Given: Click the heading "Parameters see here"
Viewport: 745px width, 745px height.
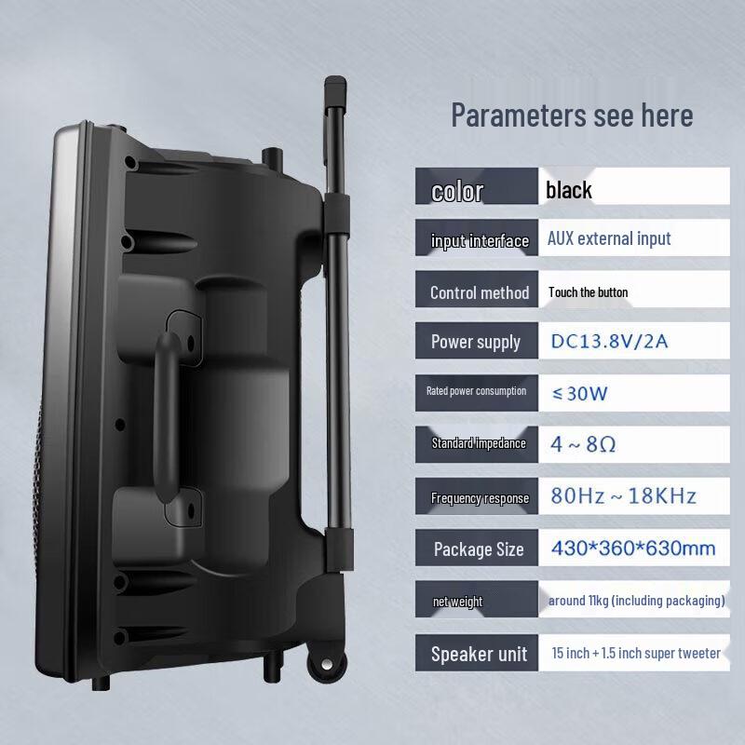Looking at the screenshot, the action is [x=572, y=115].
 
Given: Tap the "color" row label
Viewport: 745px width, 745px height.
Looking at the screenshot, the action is [x=457, y=192].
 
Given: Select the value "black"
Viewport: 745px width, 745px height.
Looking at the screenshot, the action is [x=569, y=191].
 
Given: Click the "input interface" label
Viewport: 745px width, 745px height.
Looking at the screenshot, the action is [x=480, y=241].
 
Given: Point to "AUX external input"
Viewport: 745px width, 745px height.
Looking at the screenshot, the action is [x=609, y=238].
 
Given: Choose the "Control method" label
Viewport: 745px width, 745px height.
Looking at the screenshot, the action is [x=480, y=292].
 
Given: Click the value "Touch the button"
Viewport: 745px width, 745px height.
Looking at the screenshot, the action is [x=588, y=292].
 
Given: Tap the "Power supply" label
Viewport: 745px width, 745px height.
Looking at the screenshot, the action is [x=475, y=342].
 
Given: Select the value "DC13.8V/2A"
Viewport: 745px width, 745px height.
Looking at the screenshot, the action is [x=608, y=342].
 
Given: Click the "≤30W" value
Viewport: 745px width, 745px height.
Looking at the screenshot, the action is [x=581, y=393].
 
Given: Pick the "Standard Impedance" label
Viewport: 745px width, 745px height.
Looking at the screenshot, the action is [x=479, y=443].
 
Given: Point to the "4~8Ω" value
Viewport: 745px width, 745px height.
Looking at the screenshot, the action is [x=582, y=443].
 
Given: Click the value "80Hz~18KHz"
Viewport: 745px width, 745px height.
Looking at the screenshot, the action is [x=622, y=495].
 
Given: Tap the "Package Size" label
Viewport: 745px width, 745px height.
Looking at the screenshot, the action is [x=478, y=549].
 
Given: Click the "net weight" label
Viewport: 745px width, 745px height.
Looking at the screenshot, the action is [x=457, y=602].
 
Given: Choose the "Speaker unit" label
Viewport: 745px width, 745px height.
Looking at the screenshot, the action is [x=479, y=654].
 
